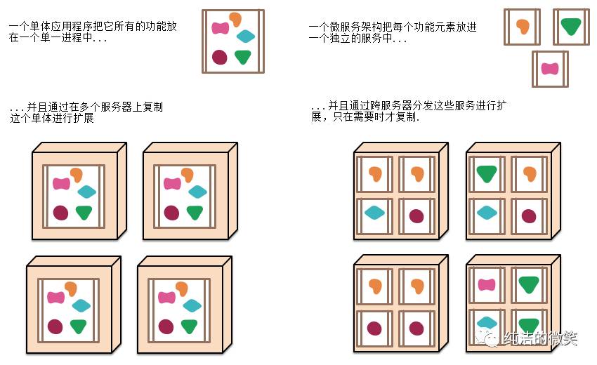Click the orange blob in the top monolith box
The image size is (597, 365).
pos(235,20)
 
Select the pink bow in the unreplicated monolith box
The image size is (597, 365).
pos(221,28)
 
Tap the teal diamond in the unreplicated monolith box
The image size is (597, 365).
pos(246,36)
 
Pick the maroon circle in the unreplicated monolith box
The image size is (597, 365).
pos(219,57)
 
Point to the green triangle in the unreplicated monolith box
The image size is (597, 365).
pos(243,57)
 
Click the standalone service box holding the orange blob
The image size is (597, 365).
pos(522,27)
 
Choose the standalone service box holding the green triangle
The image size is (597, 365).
pos(571,27)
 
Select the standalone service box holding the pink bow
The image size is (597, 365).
pos(550,68)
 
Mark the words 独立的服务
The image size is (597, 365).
pos(366,39)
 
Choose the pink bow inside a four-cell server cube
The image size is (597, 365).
pos(486,284)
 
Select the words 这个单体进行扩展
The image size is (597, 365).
pos(53,118)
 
